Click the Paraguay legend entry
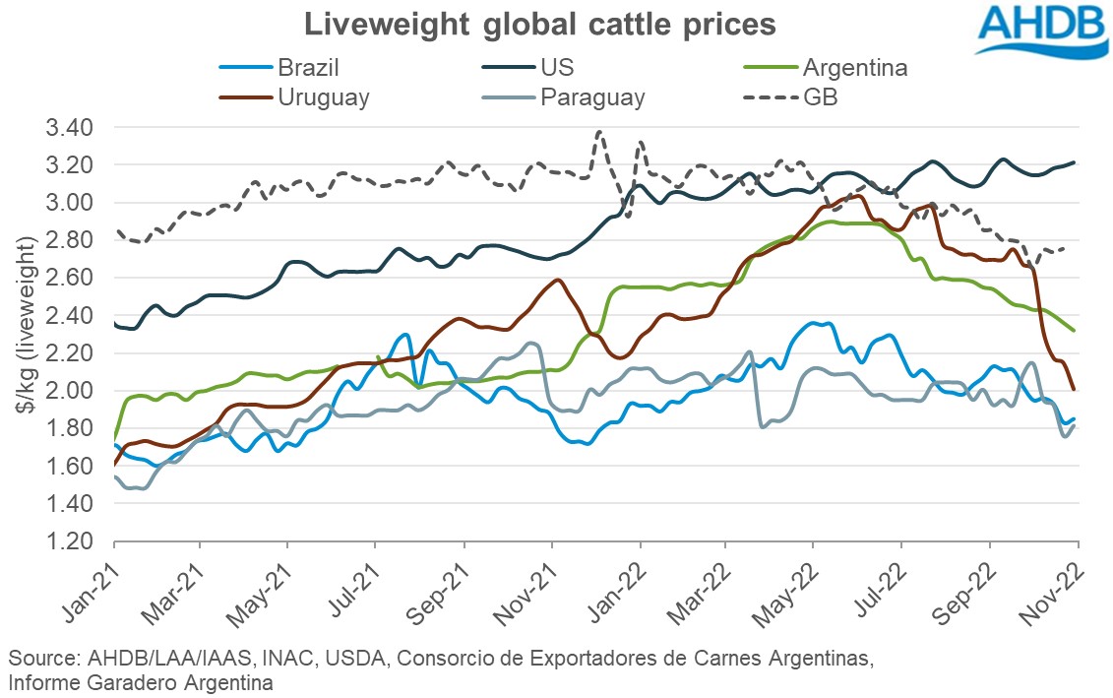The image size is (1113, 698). click(x=590, y=96)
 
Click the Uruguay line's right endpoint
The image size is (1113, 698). click(x=1073, y=389)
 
